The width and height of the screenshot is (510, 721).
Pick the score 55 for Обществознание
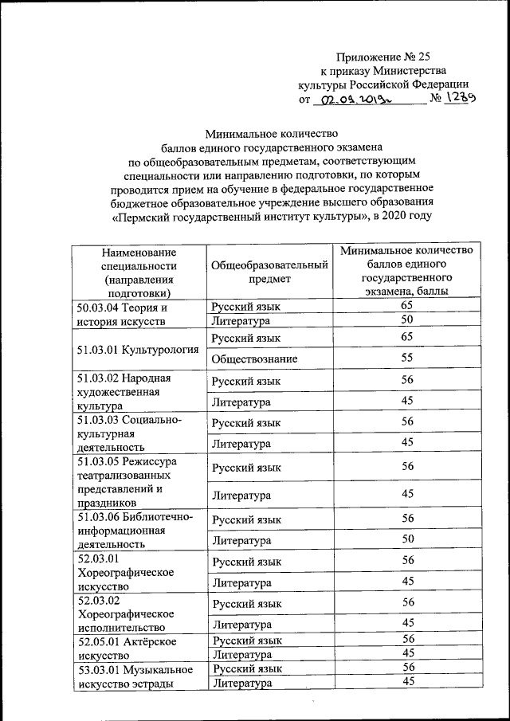(x=407, y=359)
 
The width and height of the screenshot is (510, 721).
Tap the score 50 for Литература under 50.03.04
(x=407, y=320)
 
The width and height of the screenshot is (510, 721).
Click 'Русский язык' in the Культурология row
(x=247, y=337)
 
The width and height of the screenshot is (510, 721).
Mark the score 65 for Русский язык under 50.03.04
(x=407, y=306)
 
